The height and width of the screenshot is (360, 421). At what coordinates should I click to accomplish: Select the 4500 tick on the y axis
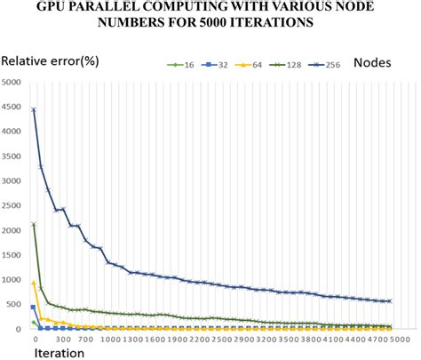coord(14,108)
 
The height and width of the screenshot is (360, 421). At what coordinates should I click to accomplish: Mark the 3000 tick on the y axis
coord(14,181)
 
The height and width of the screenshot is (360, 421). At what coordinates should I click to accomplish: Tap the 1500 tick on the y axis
coord(14,255)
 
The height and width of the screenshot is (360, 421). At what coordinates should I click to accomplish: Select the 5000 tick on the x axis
coord(401,339)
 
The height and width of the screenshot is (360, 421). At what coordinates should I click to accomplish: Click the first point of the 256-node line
coord(34,110)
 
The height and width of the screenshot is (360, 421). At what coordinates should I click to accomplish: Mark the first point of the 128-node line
coord(34,225)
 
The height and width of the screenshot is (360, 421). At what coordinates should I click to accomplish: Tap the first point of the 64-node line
coord(34,283)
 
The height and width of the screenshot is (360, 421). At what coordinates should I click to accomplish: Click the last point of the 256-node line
coord(389,301)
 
